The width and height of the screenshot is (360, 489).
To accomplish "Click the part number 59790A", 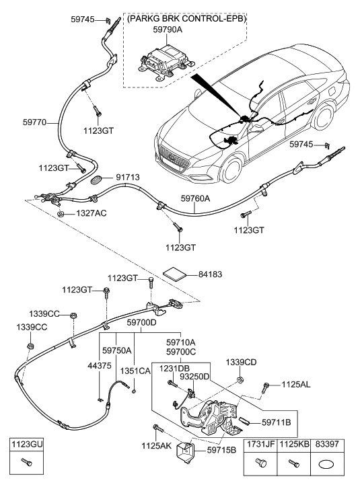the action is (x=168, y=30).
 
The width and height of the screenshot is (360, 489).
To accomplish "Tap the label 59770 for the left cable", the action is (x=34, y=122).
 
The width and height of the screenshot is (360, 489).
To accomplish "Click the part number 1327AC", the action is (x=91, y=213).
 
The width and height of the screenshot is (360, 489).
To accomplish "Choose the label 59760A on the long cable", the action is (x=196, y=198).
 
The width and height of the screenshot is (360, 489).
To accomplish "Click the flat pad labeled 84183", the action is (x=176, y=274).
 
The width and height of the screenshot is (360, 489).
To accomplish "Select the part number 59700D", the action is (x=141, y=322).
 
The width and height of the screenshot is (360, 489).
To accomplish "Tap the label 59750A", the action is (x=116, y=350).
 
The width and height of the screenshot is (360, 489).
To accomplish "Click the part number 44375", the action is (x=100, y=365).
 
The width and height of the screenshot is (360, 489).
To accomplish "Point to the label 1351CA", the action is (x=135, y=371).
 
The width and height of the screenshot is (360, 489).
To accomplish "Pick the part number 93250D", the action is (x=194, y=377).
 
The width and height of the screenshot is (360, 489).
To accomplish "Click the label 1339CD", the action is (x=241, y=362).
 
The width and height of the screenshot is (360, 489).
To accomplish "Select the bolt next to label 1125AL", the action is (x=266, y=387).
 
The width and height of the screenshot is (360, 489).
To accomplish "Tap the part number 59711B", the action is (x=276, y=422).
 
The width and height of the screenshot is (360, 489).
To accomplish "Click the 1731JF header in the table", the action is (x=261, y=444).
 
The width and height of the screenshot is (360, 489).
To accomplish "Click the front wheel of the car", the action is (x=232, y=171).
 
